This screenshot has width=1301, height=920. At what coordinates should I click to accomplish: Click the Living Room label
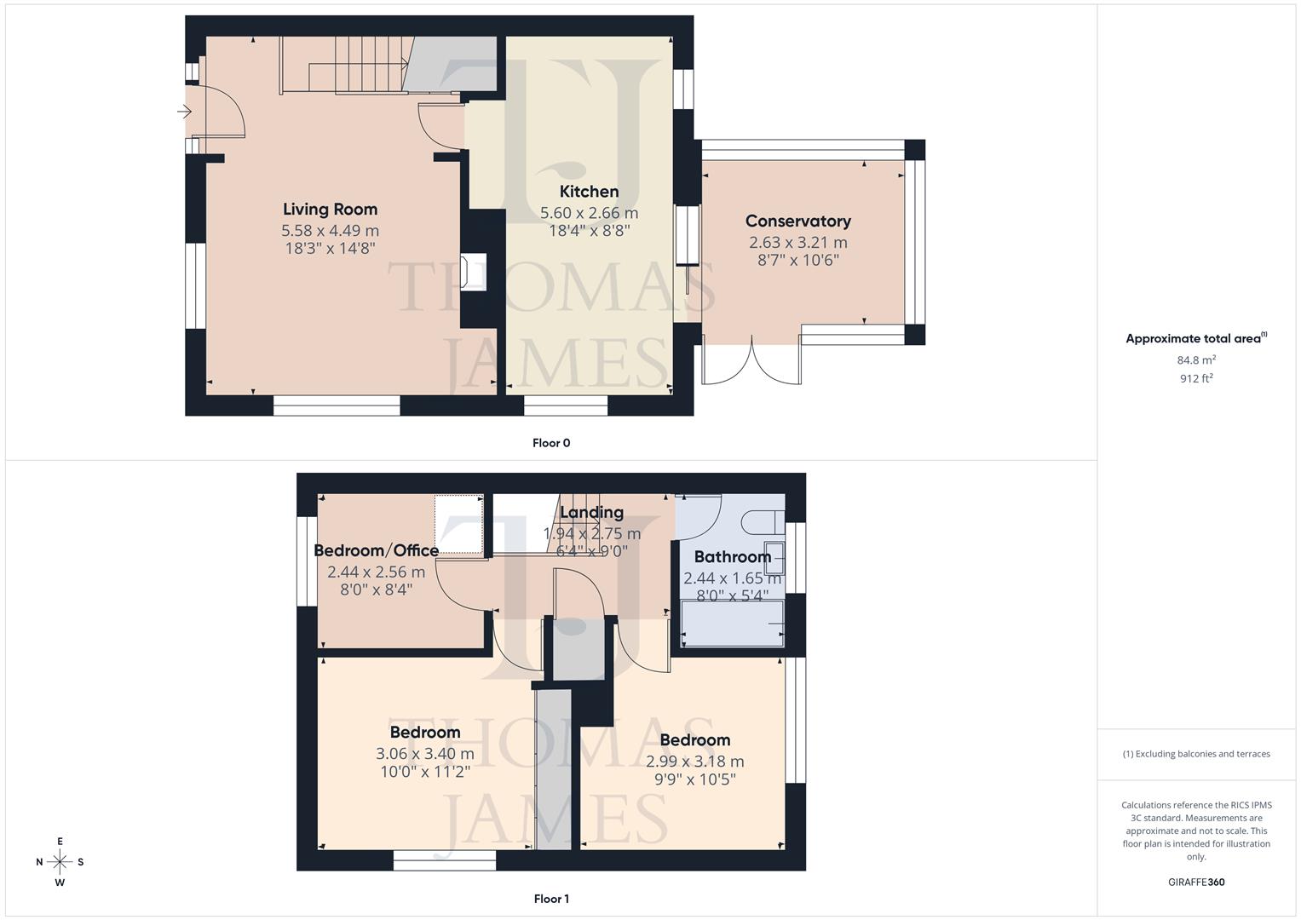click(x=330, y=210)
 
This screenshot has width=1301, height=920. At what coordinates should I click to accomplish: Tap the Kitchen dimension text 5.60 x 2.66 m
click(x=589, y=213)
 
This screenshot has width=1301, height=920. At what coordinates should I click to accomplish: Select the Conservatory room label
click(x=797, y=221)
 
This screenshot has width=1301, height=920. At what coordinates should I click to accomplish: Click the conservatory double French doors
click(x=751, y=362)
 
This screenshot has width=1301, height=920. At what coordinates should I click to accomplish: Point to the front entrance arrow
click(x=184, y=112)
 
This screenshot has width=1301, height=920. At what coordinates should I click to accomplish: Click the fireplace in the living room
click(x=473, y=273)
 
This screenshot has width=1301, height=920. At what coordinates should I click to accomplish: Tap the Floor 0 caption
click(x=551, y=443)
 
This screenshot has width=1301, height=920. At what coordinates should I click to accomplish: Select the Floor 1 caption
click(x=551, y=899)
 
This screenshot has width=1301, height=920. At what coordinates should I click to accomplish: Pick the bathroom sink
click(x=774, y=553)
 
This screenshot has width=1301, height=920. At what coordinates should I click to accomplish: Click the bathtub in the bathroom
click(x=732, y=624)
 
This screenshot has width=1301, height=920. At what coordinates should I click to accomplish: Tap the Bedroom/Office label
click(x=376, y=550)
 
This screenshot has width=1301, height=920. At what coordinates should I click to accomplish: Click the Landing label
click(x=591, y=513)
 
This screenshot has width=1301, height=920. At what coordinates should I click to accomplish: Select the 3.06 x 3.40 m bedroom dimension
click(x=424, y=754)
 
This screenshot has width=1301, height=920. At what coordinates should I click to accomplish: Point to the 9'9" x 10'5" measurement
click(x=694, y=779)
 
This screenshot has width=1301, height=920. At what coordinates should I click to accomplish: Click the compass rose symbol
click(x=60, y=861)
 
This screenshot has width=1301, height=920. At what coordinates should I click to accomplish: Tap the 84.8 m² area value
click(x=1196, y=360)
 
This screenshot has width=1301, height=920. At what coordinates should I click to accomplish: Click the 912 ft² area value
click(x=1196, y=379)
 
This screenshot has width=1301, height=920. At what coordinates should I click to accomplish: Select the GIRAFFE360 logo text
click(x=1196, y=883)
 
